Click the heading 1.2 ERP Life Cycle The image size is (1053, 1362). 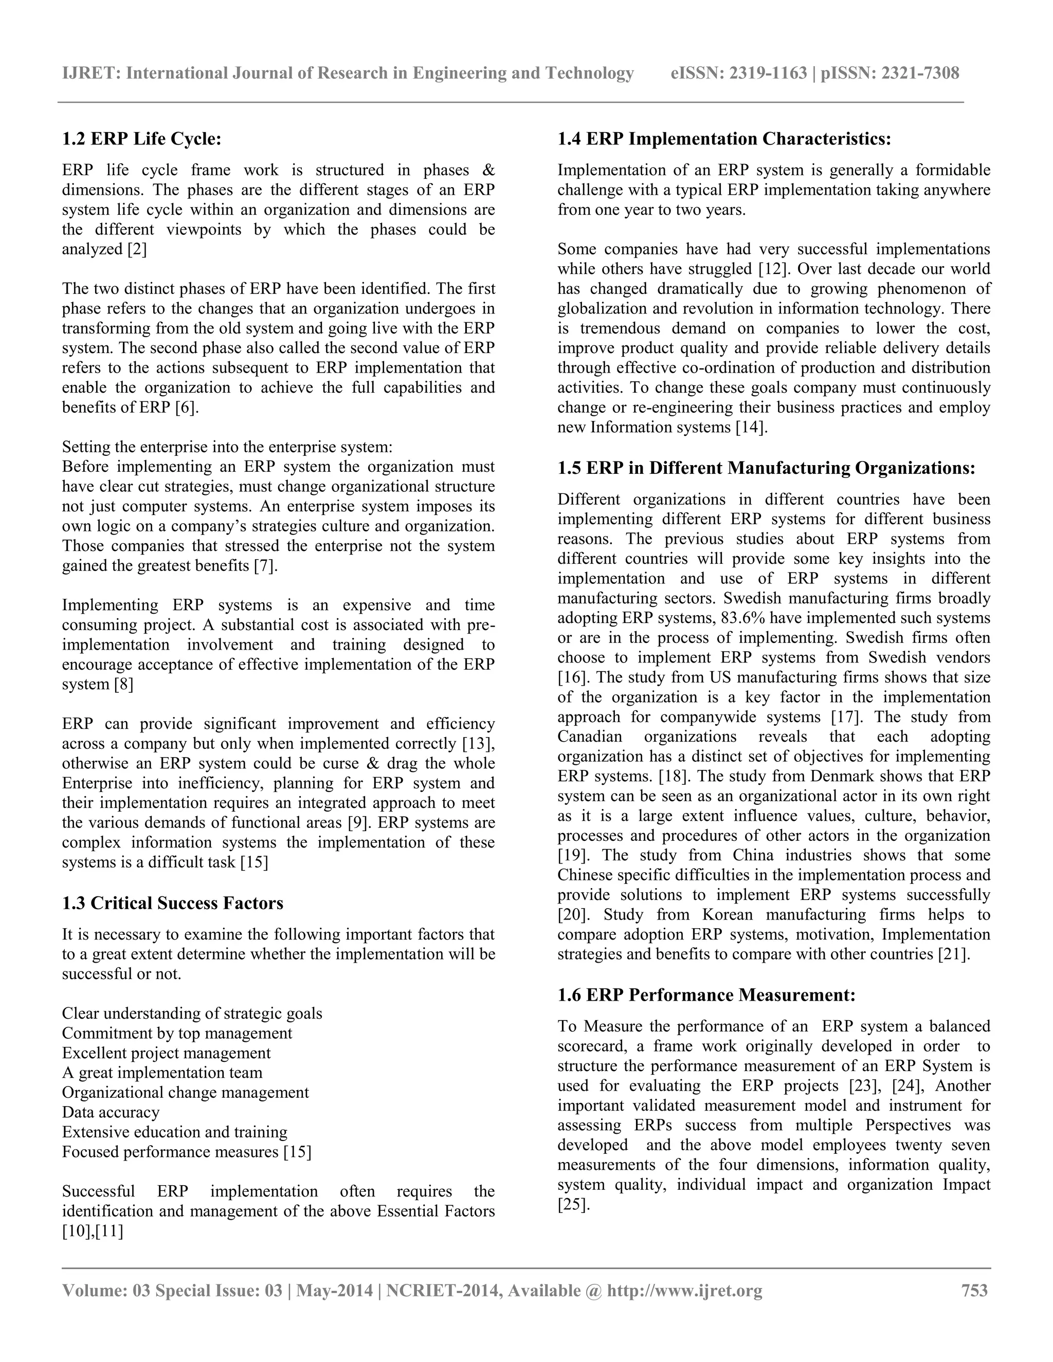point(141,138)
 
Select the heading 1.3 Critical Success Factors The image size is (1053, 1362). point(172,903)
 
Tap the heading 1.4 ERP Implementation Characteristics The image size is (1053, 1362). point(723,138)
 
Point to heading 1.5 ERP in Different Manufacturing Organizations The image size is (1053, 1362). point(766,468)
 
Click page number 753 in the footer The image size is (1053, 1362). point(974,1290)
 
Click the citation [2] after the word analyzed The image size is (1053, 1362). point(137,249)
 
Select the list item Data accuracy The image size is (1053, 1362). point(111,1113)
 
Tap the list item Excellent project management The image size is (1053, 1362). point(166,1053)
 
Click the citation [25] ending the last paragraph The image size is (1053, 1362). point(573,1205)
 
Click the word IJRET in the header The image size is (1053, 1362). point(90,73)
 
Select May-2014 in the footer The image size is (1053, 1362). point(334,1290)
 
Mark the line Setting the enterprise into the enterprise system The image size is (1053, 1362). point(227,447)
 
